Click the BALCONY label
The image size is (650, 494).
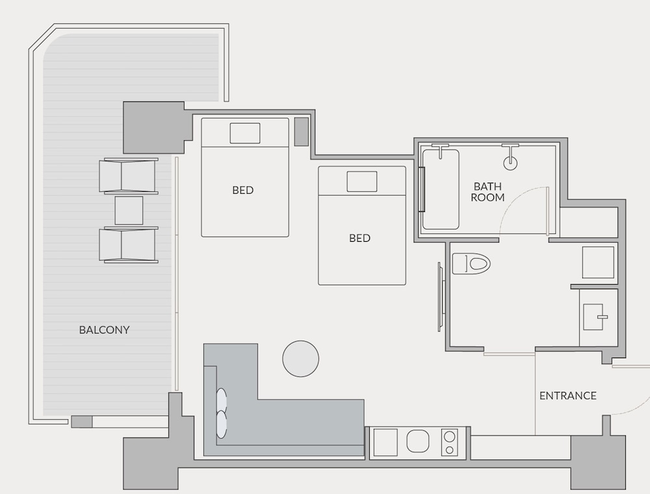pos(104,330)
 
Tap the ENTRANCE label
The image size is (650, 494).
pos(567,396)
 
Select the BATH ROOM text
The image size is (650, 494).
pos(487,192)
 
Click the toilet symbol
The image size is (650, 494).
pos(471,264)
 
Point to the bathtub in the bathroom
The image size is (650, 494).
pos(441,189)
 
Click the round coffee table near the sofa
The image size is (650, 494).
pos(300,359)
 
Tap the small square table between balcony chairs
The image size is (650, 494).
pos(129,211)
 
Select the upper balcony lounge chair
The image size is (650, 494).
pos(129,175)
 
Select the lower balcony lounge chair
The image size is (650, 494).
pos(129,245)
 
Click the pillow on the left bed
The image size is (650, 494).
pos(245,133)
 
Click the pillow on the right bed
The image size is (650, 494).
pos(362,181)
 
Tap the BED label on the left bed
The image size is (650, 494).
pos(242,190)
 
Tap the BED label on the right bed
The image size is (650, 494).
pos(359,239)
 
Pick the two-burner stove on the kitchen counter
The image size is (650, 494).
pos(449,443)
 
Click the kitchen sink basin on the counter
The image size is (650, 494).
pos(420,441)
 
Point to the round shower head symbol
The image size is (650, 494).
pos(510,163)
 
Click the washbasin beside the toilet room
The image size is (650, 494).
pos(593,317)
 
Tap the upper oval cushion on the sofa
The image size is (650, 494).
pos(222,400)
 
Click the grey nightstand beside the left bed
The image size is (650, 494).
pos(302,132)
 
